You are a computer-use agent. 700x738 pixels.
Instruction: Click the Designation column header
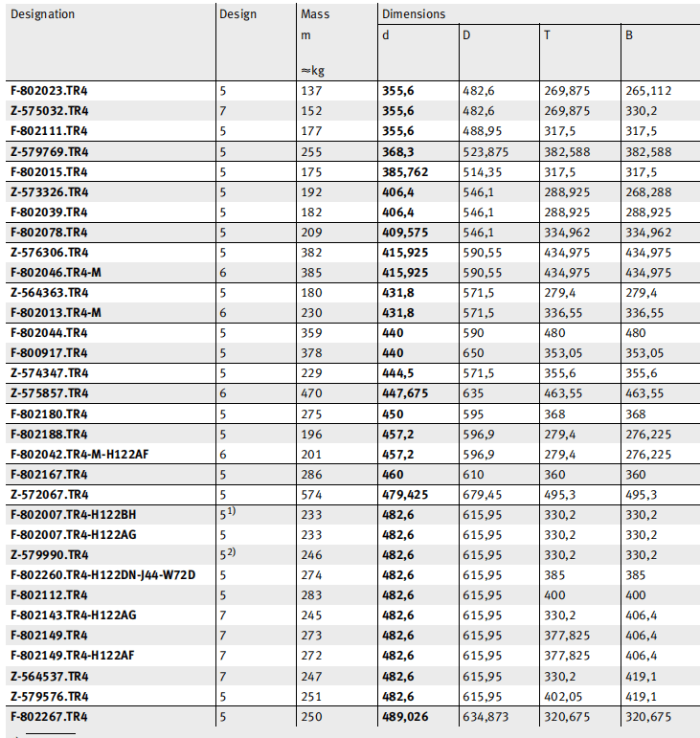[42, 14]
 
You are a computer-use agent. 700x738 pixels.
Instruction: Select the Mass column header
[314, 14]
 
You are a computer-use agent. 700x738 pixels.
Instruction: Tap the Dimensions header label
[414, 14]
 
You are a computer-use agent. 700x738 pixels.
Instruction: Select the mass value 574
[313, 494]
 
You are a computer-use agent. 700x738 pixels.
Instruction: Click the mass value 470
[313, 393]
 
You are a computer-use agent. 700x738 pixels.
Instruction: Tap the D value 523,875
[486, 151]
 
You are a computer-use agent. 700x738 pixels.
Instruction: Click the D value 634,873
[486, 716]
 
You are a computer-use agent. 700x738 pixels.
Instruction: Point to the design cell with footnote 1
[227, 514]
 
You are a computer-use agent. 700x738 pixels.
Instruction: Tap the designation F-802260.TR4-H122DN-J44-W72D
[103, 574]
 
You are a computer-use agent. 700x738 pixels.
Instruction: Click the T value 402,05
[563, 696]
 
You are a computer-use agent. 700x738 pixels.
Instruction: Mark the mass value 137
[313, 91]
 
